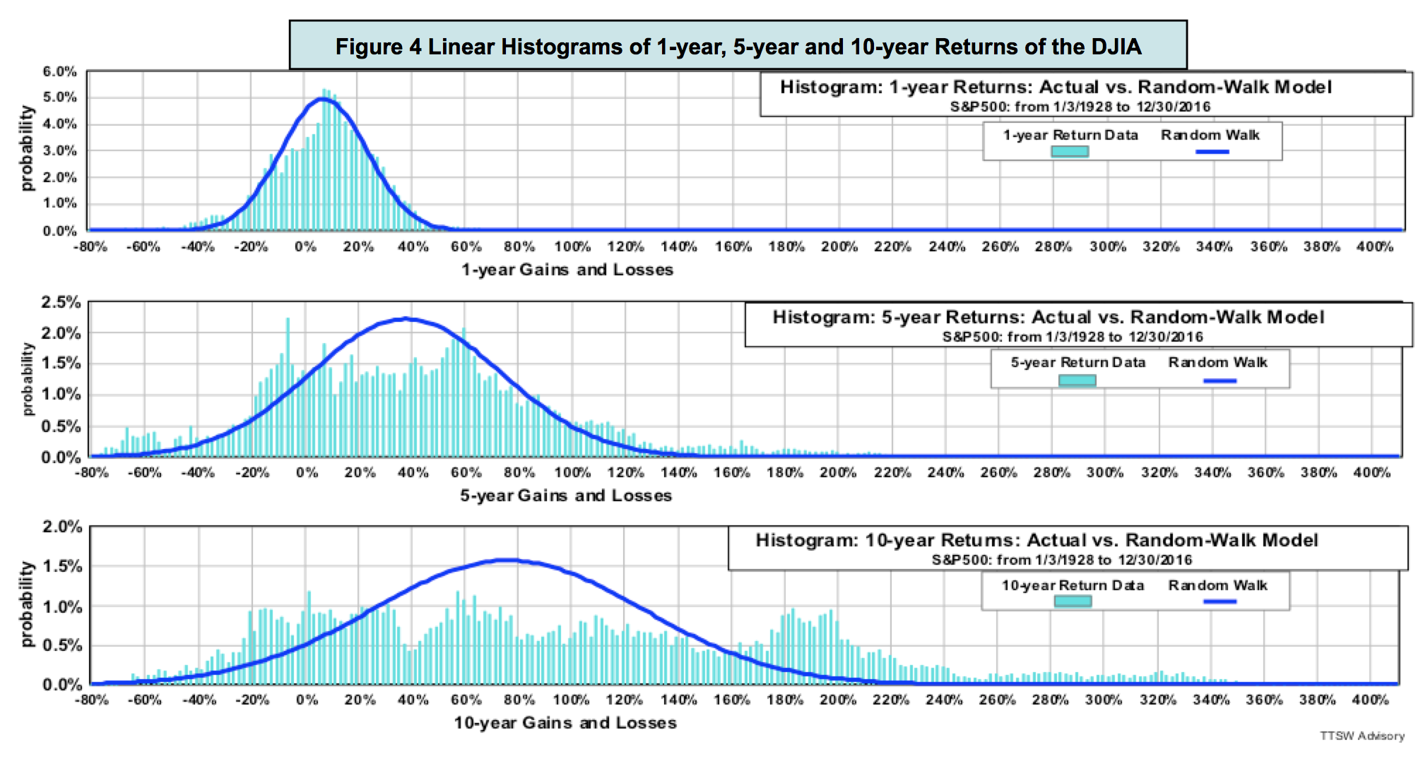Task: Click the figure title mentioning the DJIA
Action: point(738,47)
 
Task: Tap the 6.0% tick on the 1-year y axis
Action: point(59,72)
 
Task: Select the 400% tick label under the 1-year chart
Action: point(1374,247)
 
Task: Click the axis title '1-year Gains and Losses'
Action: point(567,270)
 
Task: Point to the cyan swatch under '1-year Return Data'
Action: point(1069,151)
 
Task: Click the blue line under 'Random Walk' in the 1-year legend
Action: point(1212,151)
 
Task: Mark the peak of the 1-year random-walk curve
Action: point(322,99)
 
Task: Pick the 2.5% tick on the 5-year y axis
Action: point(61,303)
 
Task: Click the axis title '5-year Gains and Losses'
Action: point(566,496)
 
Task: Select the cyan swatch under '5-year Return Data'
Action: point(1077,380)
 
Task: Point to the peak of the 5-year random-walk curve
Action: point(405,319)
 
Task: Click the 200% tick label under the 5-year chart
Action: point(838,472)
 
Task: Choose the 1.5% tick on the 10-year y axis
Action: point(62,567)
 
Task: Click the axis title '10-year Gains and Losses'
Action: point(565,723)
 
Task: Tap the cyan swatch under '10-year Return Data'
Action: point(1073,601)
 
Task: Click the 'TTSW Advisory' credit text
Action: point(1362,736)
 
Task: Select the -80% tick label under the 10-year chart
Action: point(92,700)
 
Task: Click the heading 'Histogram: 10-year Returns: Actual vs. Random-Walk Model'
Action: point(1037,541)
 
